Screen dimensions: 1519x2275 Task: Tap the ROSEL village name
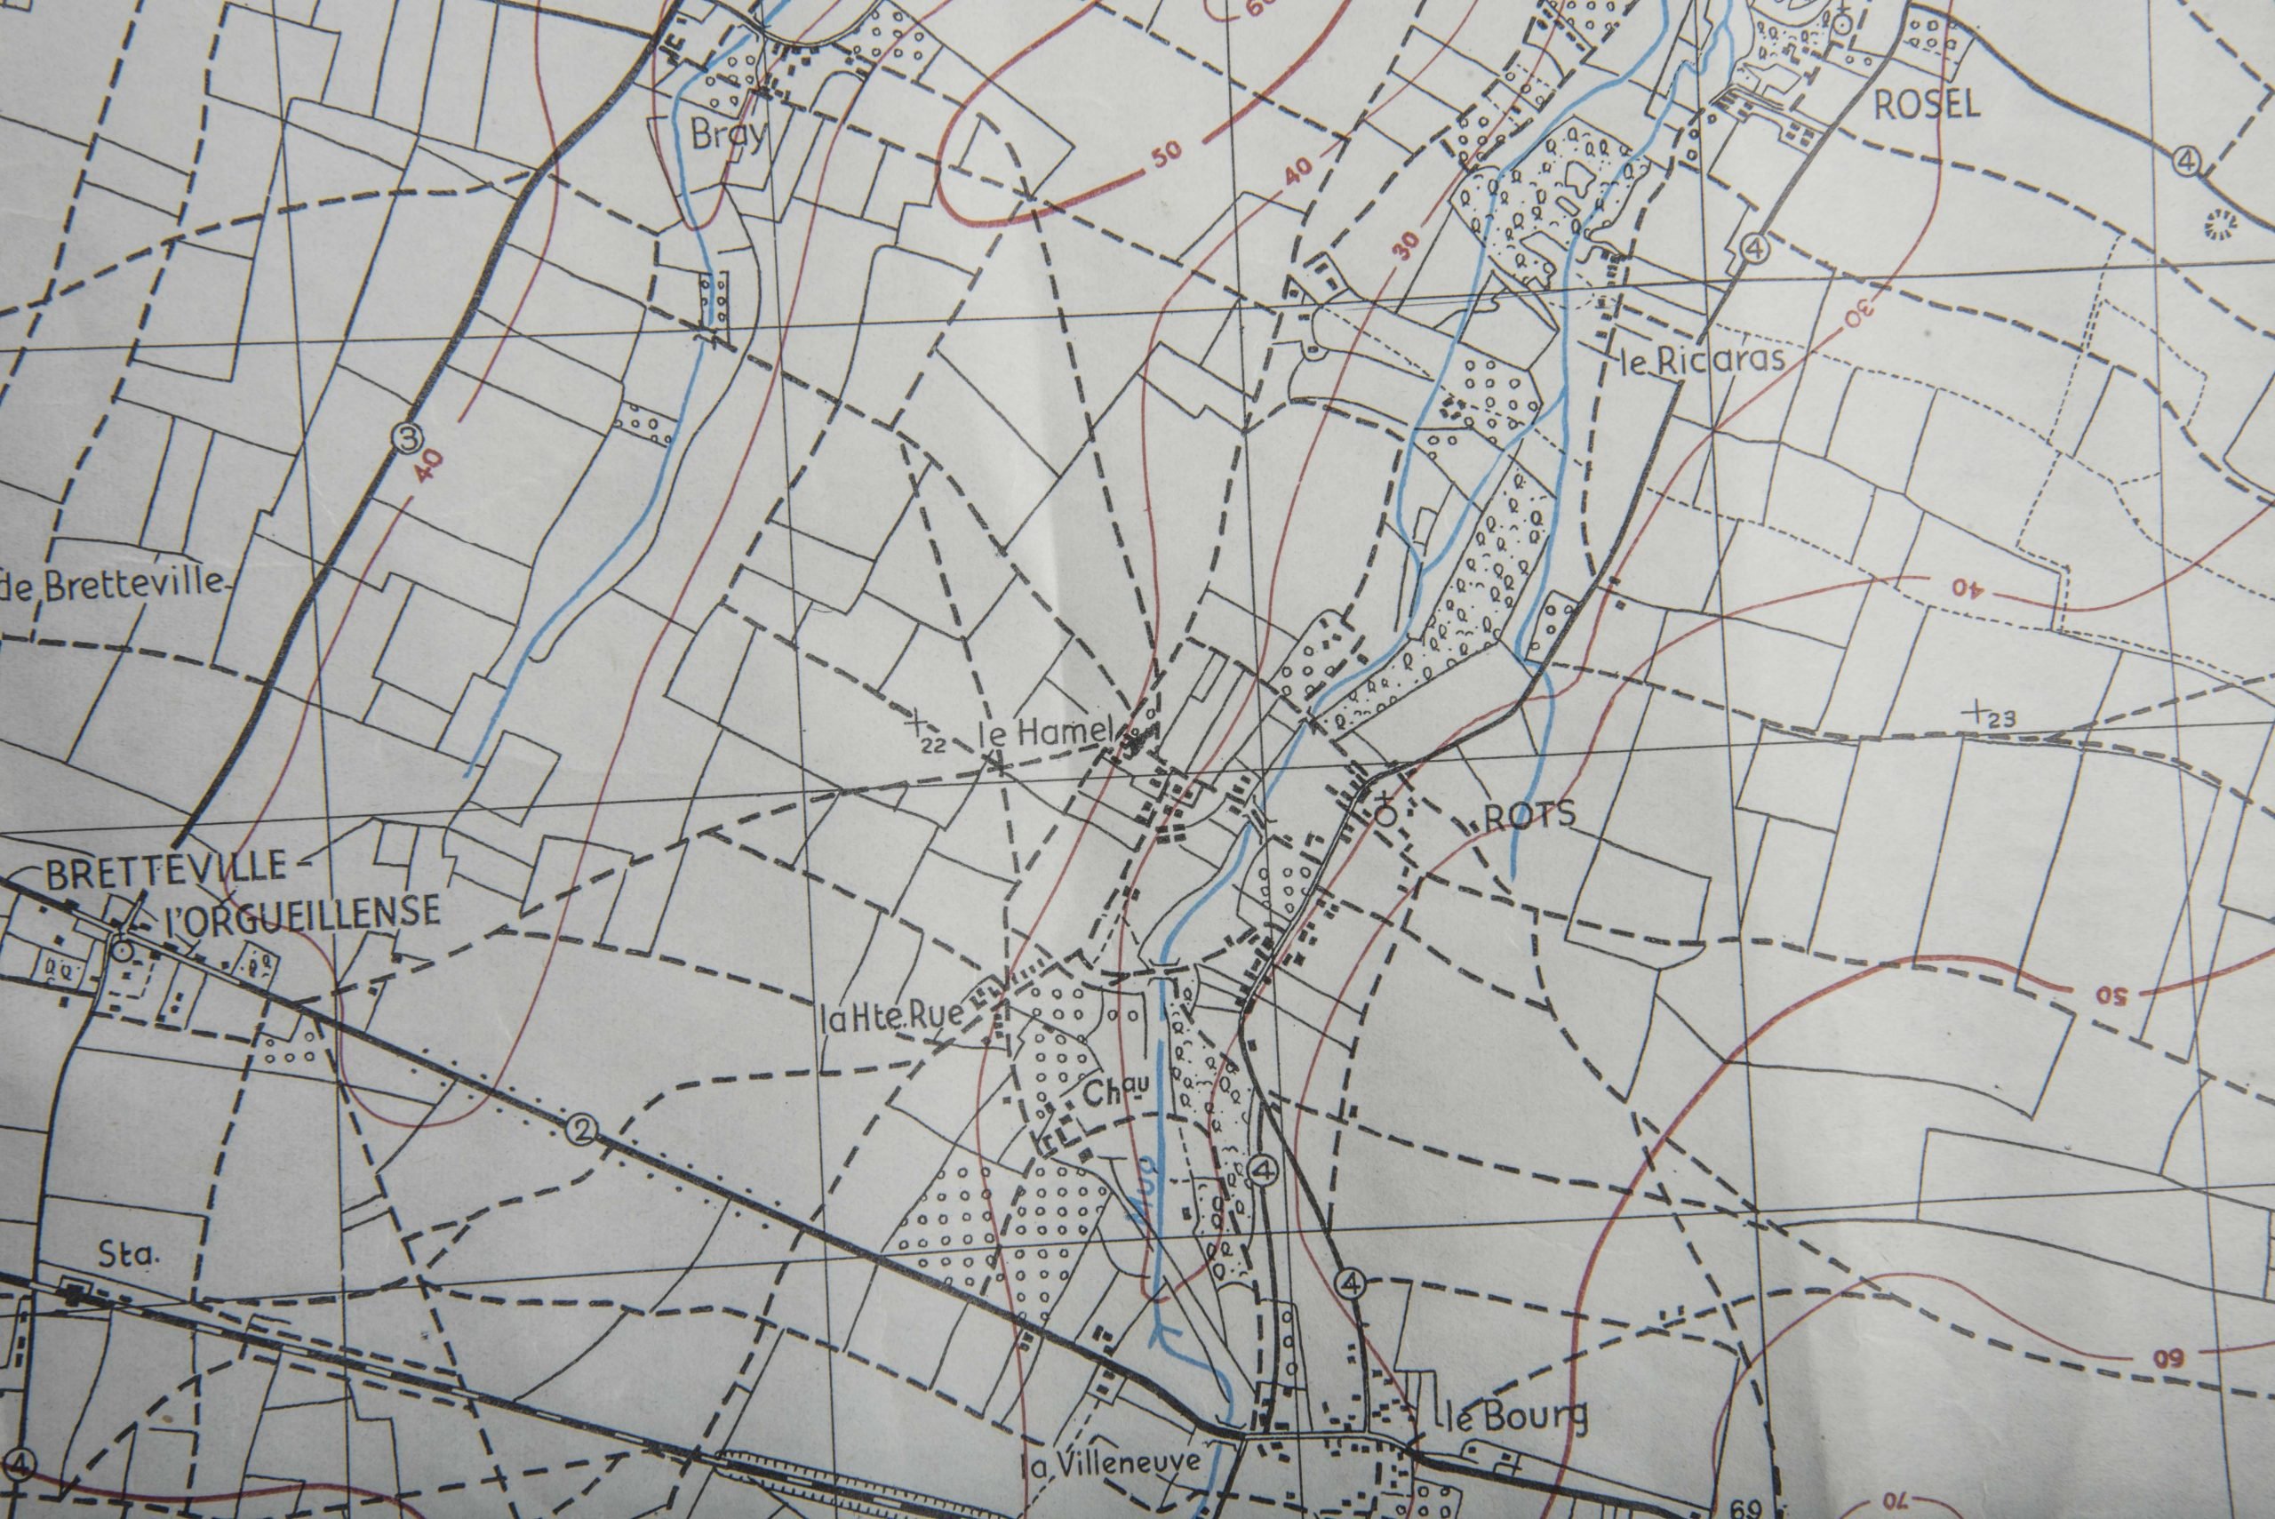coord(1927,106)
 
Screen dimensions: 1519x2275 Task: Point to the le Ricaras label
coord(1701,360)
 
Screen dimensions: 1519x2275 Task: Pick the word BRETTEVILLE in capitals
coord(165,866)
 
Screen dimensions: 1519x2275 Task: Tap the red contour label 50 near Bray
coord(1167,152)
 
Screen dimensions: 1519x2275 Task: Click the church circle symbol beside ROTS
coord(1386,815)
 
